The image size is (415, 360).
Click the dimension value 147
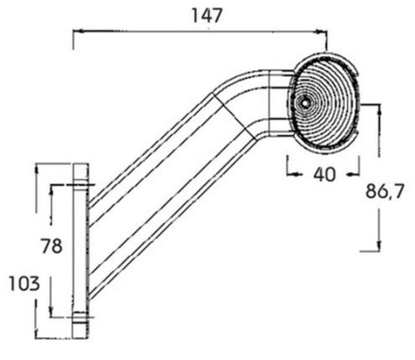click(207, 15)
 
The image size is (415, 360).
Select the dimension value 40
click(324, 174)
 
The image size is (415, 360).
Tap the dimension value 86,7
click(385, 191)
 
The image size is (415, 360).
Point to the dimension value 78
click(52, 246)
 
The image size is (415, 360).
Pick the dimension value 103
click(24, 284)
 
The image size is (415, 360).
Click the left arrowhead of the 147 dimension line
click(78, 31)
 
